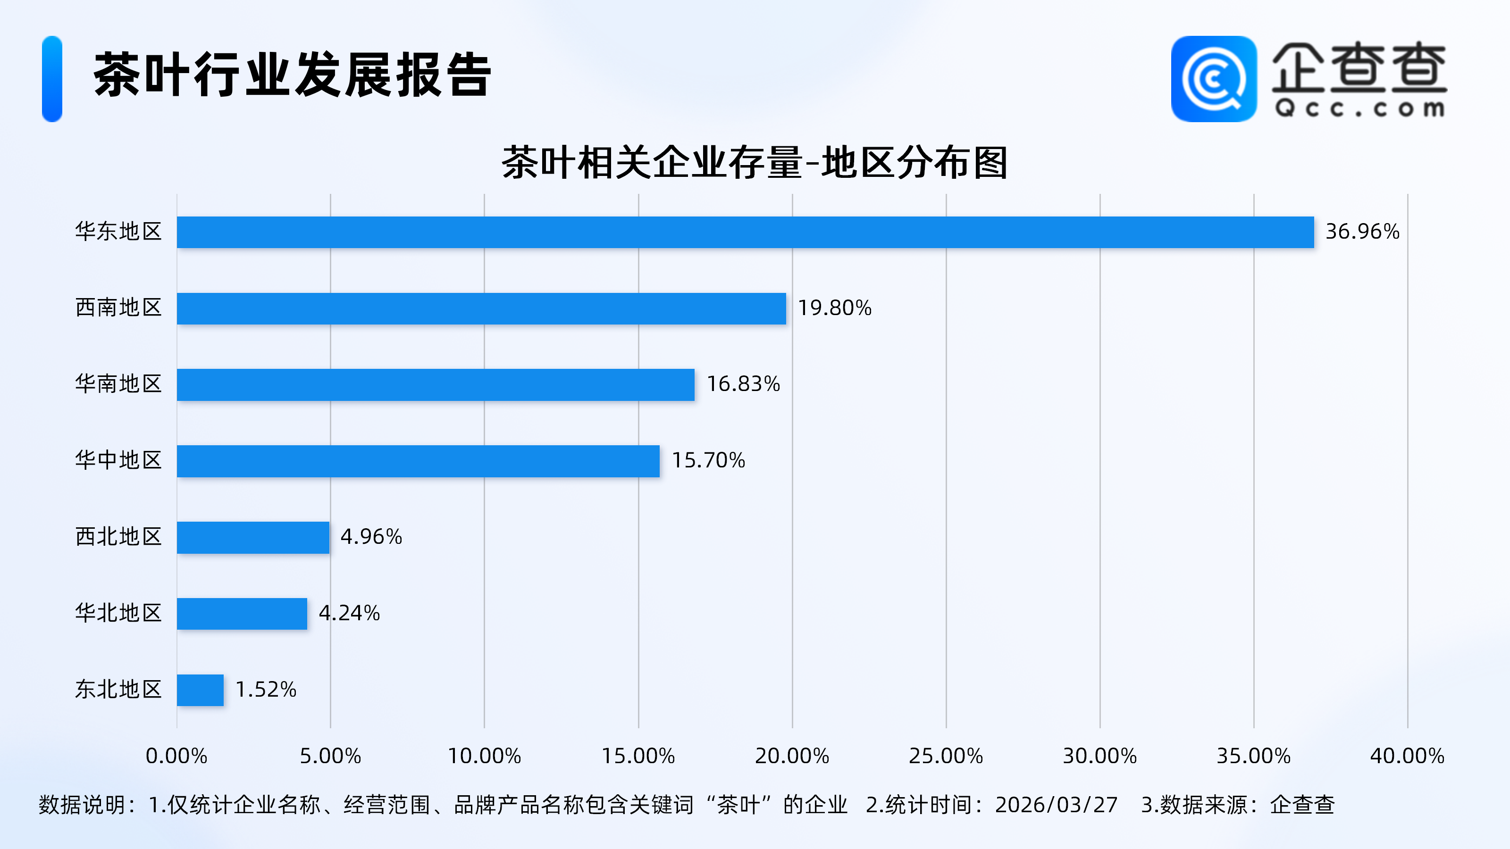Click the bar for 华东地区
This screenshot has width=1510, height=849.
[x=745, y=232]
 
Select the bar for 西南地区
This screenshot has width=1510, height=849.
[x=481, y=308]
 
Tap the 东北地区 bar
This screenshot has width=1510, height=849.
[x=200, y=690]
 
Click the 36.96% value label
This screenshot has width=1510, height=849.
[x=1362, y=232]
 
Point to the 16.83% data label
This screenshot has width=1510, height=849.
[x=743, y=384]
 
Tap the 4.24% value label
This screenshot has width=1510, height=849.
[x=349, y=613]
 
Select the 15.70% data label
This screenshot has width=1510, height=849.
[x=707, y=460]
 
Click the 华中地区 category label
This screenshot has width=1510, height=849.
[x=118, y=460]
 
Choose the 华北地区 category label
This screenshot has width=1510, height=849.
[x=118, y=613]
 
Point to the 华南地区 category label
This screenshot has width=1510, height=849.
[x=118, y=384]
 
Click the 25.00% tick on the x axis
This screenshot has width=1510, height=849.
[x=946, y=756]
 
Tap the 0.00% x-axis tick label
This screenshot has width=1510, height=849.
[x=176, y=756]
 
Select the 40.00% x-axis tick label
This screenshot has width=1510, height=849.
[x=1407, y=756]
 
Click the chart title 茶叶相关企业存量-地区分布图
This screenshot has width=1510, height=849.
[x=755, y=163]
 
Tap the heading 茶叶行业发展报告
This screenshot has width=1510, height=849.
[x=292, y=75]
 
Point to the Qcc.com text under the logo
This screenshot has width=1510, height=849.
[x=1359, y=108]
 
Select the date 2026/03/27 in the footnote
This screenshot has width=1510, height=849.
[x=1056, y=805]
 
